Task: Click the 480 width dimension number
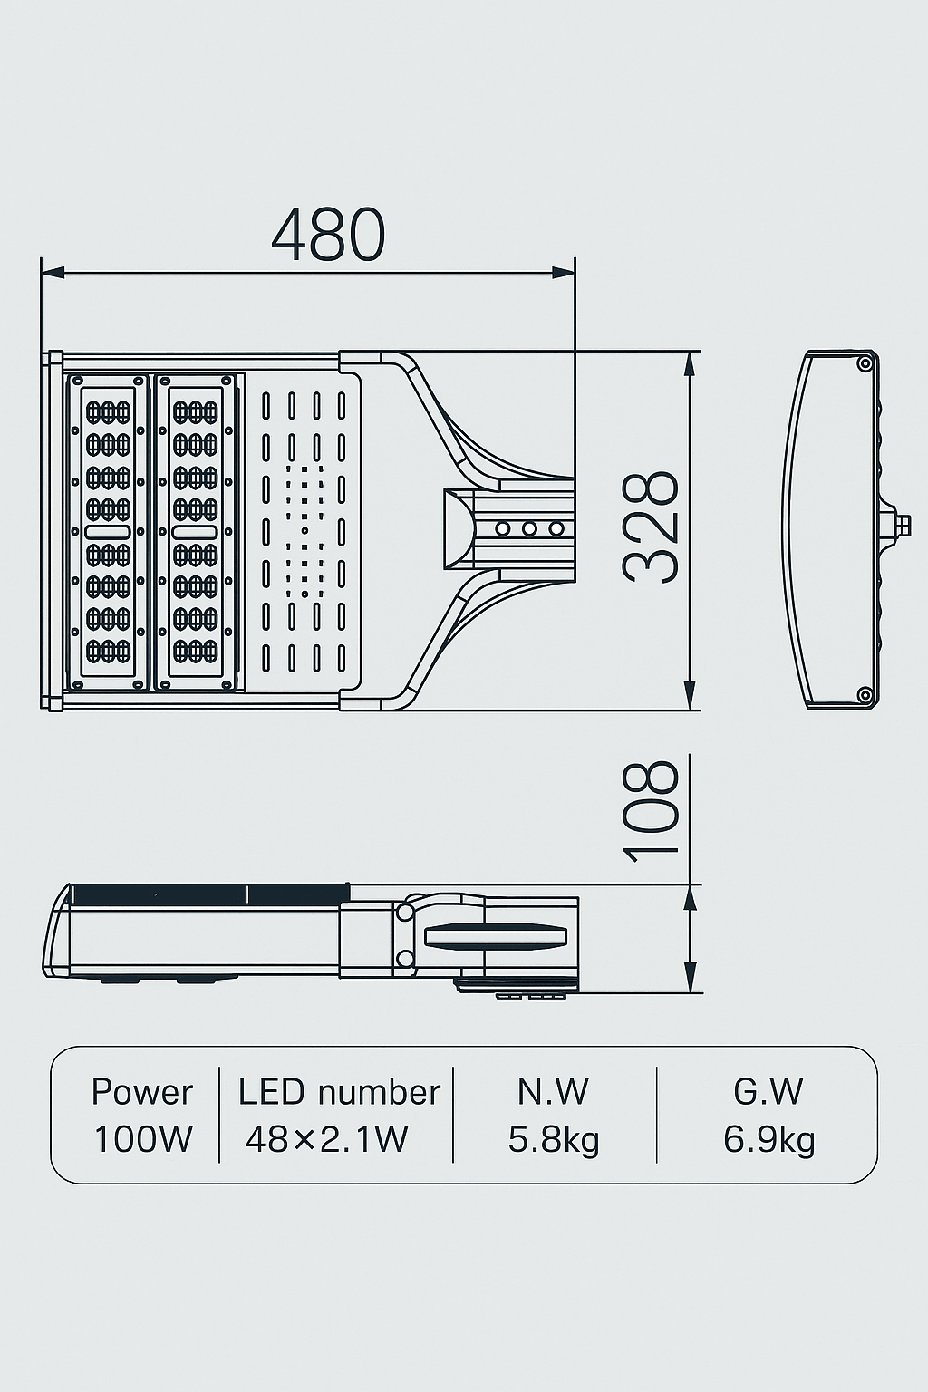coord(328,235)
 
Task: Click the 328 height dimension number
coord(651,527)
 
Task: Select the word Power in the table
coord(142,1092)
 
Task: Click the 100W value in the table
coord(143,1139)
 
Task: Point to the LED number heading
coord(339,1092)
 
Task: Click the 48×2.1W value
coord(327,1139)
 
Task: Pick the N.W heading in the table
coord(553,1092)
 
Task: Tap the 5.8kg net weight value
coord(554,1139)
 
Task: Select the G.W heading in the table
coord(768,1092)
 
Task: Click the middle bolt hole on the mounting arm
coord(529,528)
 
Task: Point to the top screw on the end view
coord(865,363)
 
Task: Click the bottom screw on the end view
coord(865,695)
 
